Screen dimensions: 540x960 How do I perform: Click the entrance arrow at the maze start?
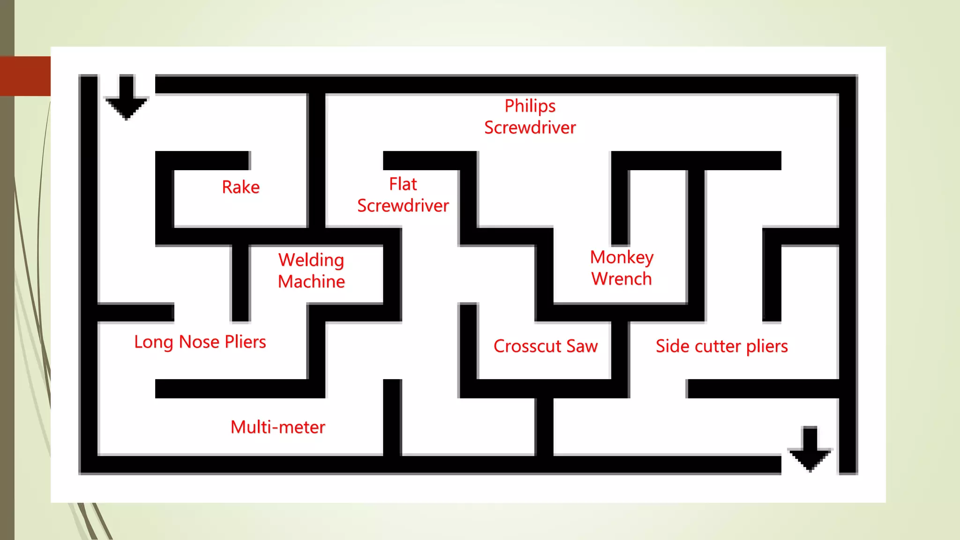[x=127, y=97]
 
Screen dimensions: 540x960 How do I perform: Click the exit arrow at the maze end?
[x=810, y=449]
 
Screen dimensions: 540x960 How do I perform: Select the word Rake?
[x=240, y=187]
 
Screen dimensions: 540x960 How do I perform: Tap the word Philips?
[x=530, y=106]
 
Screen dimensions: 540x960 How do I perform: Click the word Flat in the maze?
[x=403, y=184]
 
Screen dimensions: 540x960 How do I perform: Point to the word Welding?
[x=311, y=260]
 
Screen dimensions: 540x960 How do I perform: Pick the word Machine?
[x=311, y=282]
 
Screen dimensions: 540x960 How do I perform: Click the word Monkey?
[x=622, y=258]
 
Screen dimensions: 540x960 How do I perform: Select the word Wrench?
[x=622, y=279]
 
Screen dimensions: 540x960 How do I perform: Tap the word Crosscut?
[x=527, y=346]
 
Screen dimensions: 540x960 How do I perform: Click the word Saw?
[x=582, y=346]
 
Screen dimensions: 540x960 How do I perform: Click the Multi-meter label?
[x=278, y=427]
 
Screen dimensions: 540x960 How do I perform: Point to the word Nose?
[x=199, y=342]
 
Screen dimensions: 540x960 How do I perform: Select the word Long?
[x=154, y=342]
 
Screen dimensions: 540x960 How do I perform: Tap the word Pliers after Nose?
[x=245, y=342]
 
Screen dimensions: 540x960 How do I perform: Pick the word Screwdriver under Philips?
[x=530, y=127]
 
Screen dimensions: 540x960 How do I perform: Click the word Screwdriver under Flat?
[x=403, y=206]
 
